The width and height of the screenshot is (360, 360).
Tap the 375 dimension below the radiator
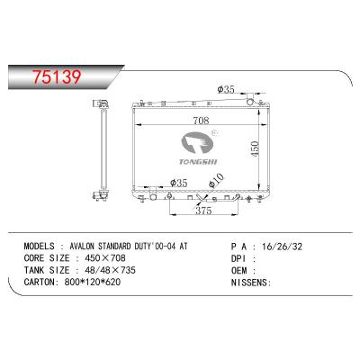[202, 212]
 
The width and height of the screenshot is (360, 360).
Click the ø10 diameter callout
[216, 185]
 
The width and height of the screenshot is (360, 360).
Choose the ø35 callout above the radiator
[226, 90]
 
